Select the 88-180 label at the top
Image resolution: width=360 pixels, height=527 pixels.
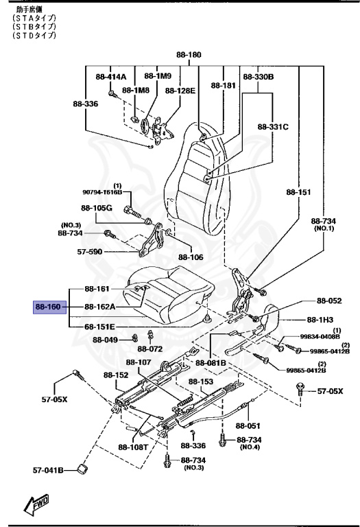pyautogui.click(x=189, y=54)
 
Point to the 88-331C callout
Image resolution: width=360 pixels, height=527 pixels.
pyautogui.click(x=274, y=127)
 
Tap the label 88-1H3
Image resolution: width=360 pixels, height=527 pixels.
pyautogui.click(x=319, y=320)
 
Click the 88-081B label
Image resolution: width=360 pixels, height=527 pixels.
pyautogui.click(x=211, y=362)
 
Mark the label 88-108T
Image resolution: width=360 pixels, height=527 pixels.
pyautogui.click(x=132, y=447)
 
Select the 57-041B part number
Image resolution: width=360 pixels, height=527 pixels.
pyautogui.click(x=49, y=470)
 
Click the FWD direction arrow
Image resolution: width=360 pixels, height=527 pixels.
pyautogui.click(x=34, y=505)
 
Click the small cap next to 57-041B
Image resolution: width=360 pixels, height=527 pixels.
pyautogui.click(x=82, y=469)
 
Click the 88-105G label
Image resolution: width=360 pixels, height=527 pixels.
pyautogui.click(x=96, y=208)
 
